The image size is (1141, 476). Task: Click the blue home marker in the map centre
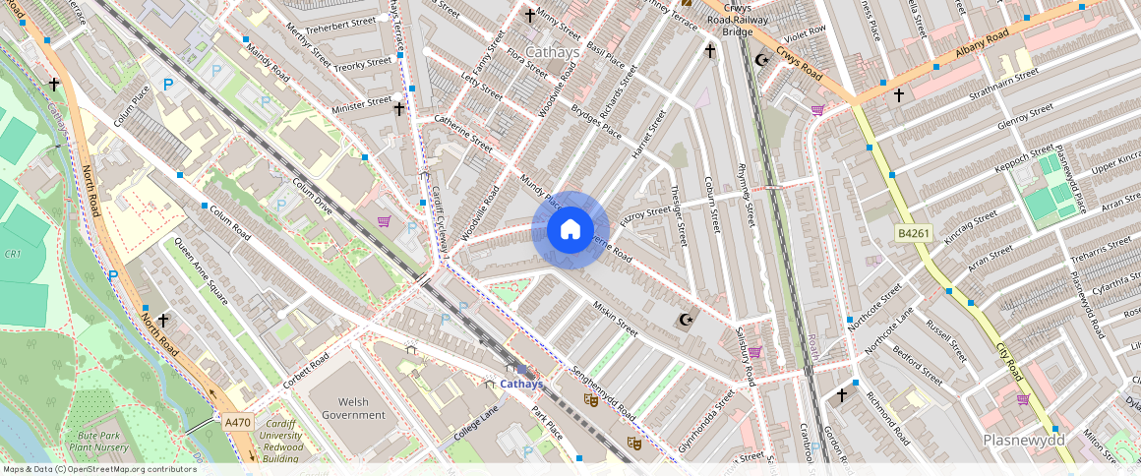[x=570, y=230]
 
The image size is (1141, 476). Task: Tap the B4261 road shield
[x=913, y=233]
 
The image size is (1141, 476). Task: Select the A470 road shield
[x=237, y=422]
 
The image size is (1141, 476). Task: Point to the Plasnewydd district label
[x=1022, y=441]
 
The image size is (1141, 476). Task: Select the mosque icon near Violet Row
[x=760, y=60]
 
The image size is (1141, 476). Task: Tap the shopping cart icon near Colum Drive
[x=383, y=221]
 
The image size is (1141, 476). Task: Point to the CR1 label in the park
[x=13, y=254]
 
